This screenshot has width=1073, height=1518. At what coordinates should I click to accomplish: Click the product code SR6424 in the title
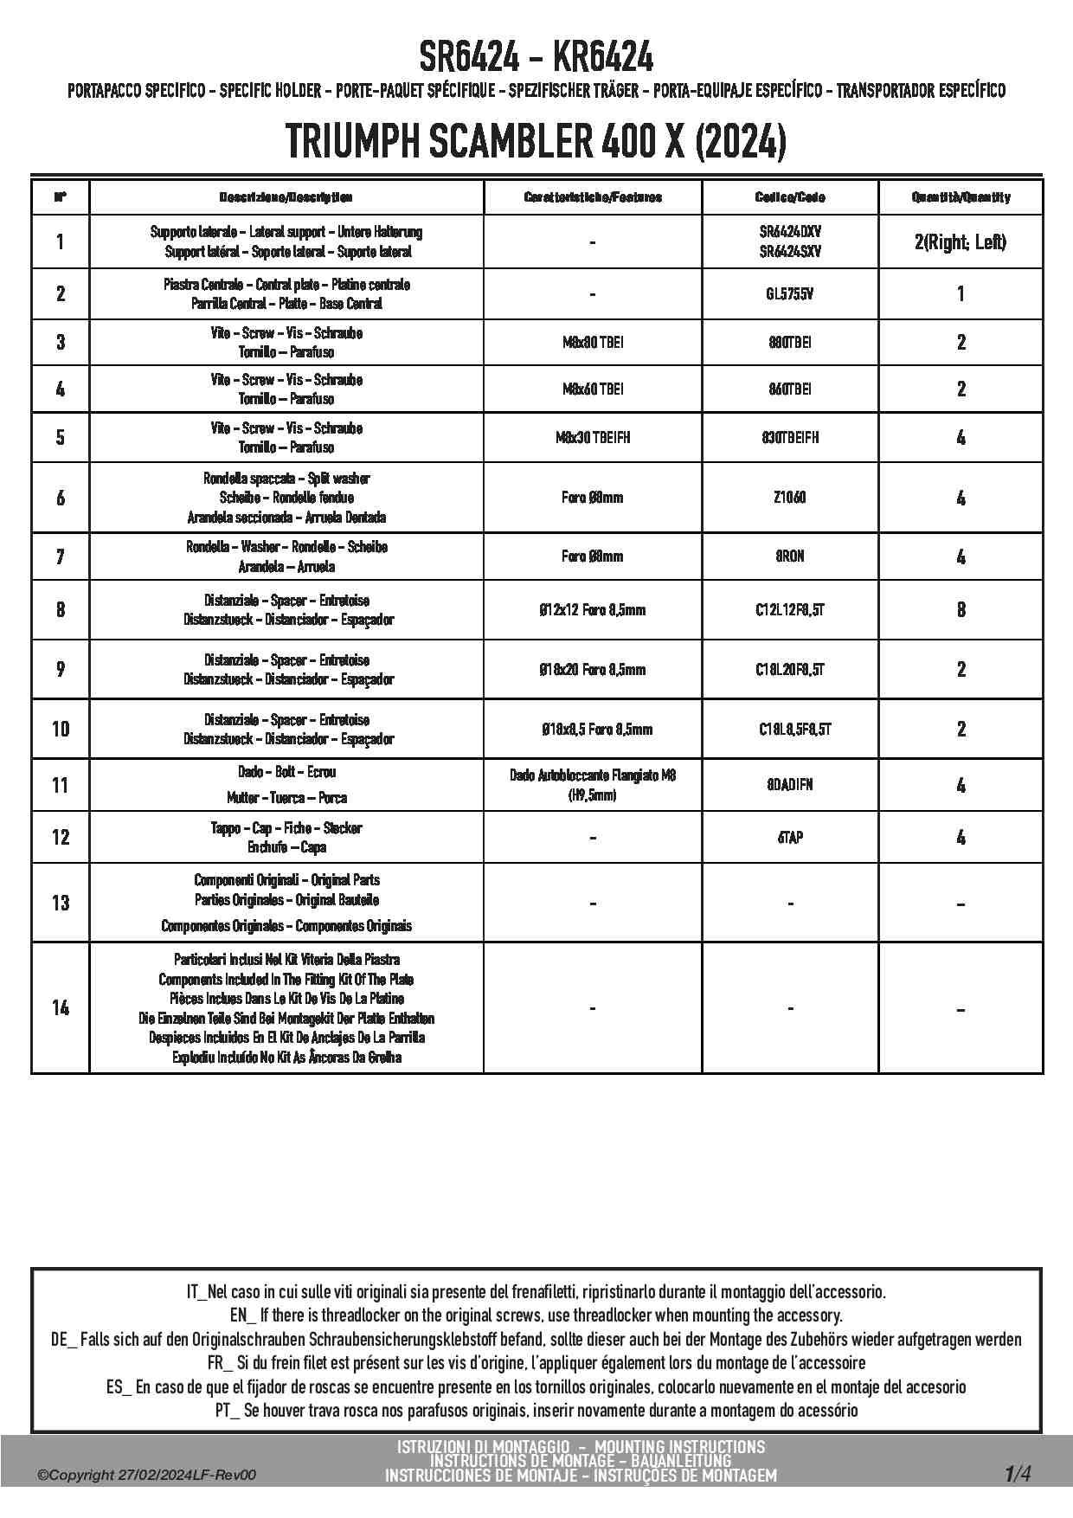[469, 58]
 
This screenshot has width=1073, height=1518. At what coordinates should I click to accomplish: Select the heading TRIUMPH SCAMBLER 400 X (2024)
[536, 141]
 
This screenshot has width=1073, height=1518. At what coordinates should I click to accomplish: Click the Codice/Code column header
[790, 197]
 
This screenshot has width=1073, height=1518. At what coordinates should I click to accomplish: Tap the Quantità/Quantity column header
[961, 197]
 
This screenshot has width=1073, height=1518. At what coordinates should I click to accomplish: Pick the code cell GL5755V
[790, 294]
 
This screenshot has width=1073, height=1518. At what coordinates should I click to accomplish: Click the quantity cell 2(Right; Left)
[961, 242]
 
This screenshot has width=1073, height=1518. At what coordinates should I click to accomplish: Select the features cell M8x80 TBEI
[593, 343]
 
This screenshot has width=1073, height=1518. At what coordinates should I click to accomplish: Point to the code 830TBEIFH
[790, 438]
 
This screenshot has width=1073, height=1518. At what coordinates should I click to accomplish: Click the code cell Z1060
[790, 498]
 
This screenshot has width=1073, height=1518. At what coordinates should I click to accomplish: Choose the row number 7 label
[60, 556]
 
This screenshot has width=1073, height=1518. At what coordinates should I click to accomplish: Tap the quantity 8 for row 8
[961, 610]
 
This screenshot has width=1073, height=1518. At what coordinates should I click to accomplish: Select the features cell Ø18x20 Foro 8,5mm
[593, 670]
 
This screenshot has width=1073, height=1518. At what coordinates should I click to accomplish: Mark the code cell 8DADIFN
[790, 786]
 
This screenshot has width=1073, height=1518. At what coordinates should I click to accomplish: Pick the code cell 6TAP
[790, 838]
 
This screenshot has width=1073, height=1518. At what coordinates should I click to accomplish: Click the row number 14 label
[60, 1008]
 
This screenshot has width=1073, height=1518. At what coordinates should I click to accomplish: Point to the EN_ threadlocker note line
[536, 1315]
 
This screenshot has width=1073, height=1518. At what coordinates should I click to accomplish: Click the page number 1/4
[1018, 1473]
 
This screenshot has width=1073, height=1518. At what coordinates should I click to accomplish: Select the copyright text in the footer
[147, 1476]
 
